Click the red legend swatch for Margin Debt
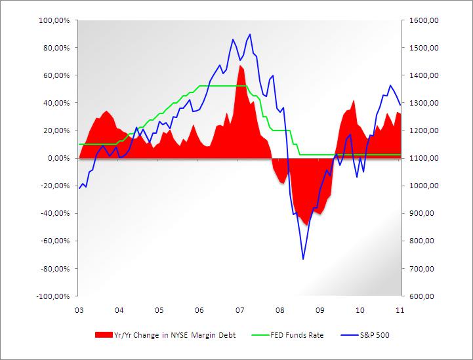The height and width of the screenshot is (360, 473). tap(104, 335)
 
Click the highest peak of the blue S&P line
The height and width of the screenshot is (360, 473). tap(250, 34)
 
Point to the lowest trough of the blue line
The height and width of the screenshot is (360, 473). tap(303, 259)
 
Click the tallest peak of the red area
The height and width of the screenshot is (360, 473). tap(240, 65)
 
